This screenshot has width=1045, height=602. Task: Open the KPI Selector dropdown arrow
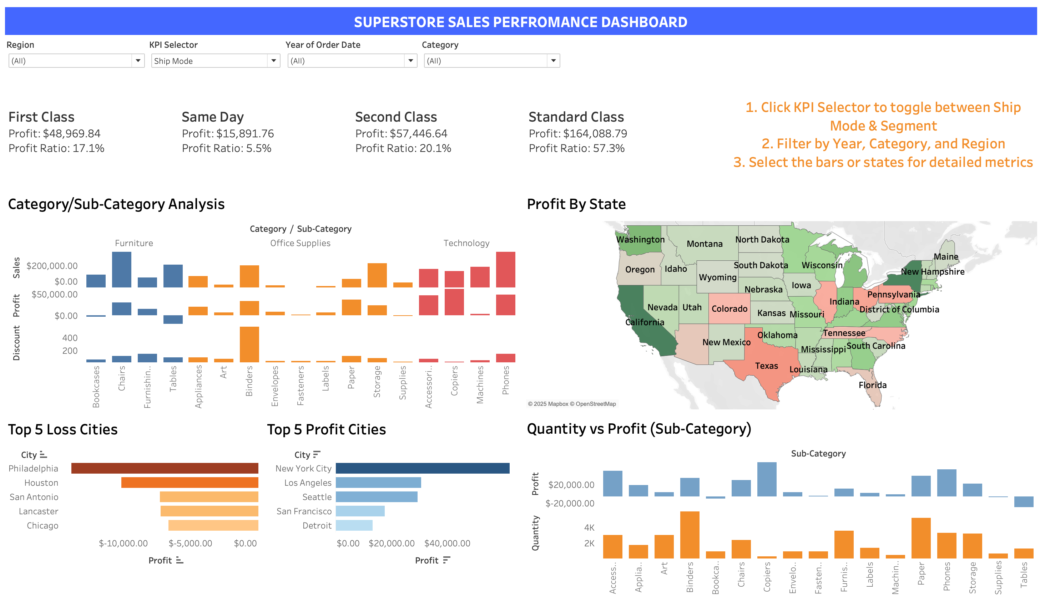point(273,61)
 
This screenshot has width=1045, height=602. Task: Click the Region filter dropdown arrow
point(138,61)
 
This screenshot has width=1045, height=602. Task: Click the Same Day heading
point(213,117)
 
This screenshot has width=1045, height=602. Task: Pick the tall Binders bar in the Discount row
point(249,344)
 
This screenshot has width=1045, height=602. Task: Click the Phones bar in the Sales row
point(505,269)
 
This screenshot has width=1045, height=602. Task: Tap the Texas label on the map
point(766,366)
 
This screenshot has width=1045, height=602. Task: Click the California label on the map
point(644,322)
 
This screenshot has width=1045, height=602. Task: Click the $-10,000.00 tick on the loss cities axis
point(123,543)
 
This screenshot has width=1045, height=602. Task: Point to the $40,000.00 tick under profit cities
point(447,543)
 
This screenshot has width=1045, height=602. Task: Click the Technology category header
point(466,243)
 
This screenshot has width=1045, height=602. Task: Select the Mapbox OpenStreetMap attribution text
point(571,404)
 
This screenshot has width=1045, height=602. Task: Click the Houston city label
point(41,483)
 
